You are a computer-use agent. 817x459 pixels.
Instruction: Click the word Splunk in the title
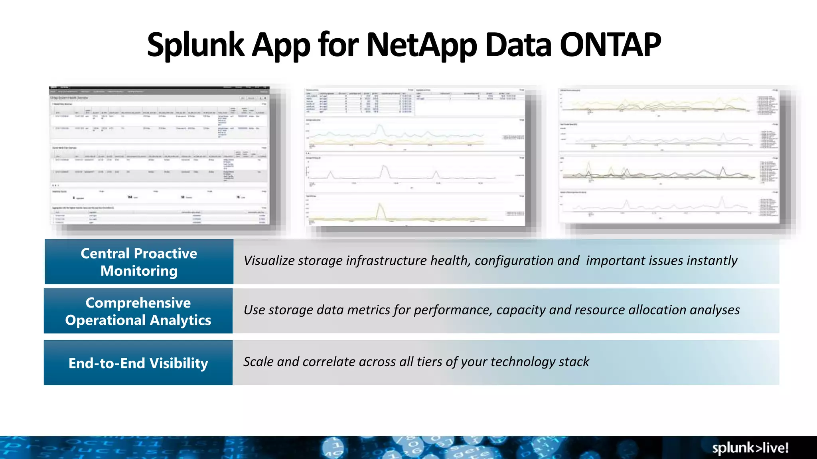(x=195, y=45)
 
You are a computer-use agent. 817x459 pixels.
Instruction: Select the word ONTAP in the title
(x=610, y=45)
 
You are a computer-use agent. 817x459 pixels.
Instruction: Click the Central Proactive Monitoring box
(x=139, y=262)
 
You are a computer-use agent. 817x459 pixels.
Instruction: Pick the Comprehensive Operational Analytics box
(x=138, y=311)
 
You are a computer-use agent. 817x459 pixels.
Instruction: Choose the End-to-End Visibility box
(x=138, y=363)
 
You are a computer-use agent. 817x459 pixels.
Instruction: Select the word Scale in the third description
(x=258, y=362)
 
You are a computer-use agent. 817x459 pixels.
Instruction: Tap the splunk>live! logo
(x=750, y=448)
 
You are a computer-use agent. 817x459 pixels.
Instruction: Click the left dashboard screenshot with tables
(x=160, y=155)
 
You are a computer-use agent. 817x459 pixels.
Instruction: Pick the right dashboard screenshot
(x=669, y=155)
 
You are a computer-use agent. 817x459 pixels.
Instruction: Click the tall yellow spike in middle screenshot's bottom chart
(x=381, y=209)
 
